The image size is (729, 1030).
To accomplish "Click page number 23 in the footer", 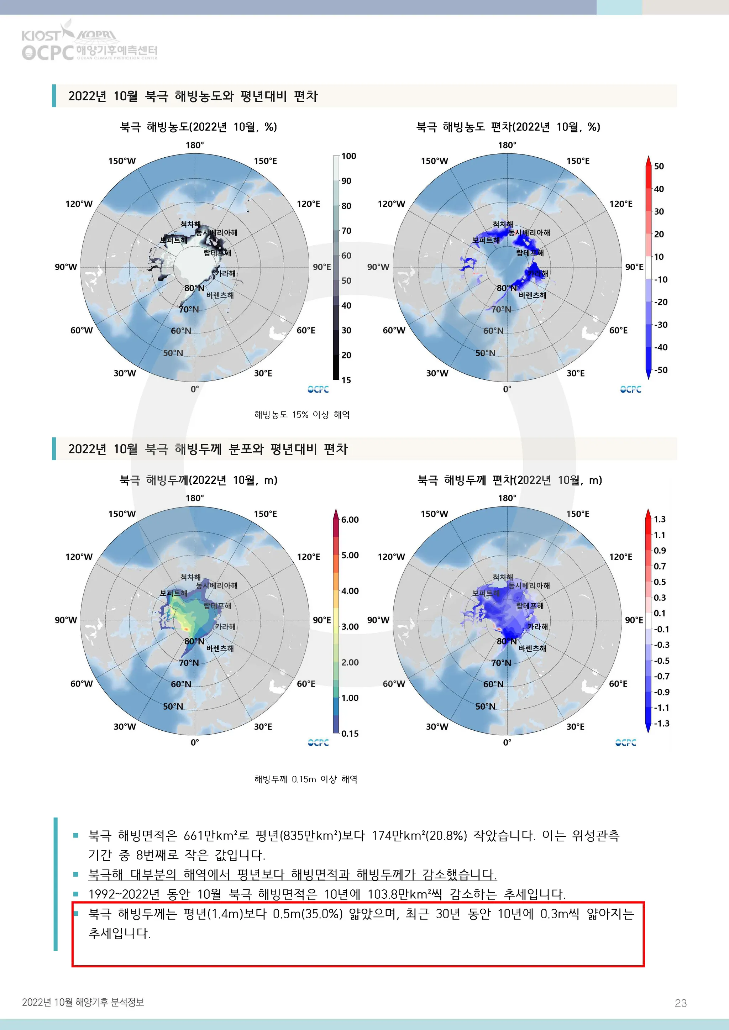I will [x=681, y=1003].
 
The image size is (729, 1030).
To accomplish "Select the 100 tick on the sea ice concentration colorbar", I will [x=348, y=156].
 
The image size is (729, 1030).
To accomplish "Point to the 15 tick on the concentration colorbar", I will [x=346, y=380].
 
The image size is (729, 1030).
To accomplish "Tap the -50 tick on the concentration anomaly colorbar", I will [x=660, y=370].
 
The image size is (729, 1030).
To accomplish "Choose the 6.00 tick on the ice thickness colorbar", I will [x=350, y=520].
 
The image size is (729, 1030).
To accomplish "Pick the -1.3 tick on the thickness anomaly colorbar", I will [x=661, y=724].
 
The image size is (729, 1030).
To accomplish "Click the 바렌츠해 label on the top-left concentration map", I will [x=220, y=295].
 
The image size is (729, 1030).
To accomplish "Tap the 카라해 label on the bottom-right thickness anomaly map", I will [x=537, y=626].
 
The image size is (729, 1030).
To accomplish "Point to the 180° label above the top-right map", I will [x=507, y=145].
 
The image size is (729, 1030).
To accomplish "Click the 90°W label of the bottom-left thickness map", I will [x=66, y=620].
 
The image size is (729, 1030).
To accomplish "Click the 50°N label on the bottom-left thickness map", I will [x=173, y=706].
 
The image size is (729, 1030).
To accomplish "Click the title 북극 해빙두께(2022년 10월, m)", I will [x=198, y=480].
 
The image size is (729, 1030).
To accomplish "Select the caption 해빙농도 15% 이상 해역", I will [x=301, y=415].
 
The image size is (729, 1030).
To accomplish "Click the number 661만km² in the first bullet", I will [x=209, y=836].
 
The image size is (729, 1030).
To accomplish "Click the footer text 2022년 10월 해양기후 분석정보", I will [x=83, y=1002].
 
